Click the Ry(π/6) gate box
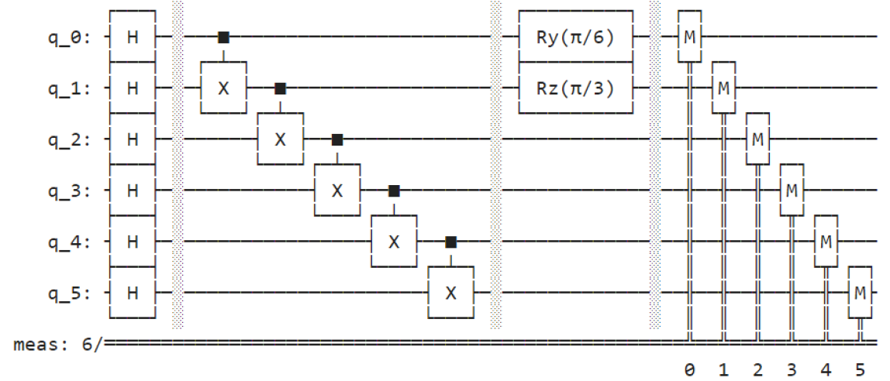click(576, 36)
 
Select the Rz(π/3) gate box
click(576, 88)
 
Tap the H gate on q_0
click(133, 36)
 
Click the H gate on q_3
click(133, 190)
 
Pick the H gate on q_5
click(133, 293)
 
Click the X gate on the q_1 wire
click(223, 88)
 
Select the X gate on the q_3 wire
click(336, 190)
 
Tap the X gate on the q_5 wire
click(450, 293)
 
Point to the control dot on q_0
click(223, 36)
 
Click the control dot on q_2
click(336, 139)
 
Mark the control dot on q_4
click(450, 242)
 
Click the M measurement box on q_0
click(689, 36)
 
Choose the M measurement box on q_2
click(757, 139)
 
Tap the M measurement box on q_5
click(859, 293)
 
